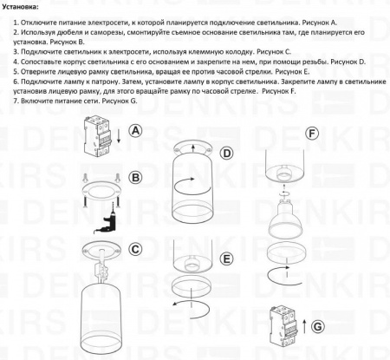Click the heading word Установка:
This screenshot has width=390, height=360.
(x=26, y=6)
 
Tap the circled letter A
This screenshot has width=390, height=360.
(x=135, y=130)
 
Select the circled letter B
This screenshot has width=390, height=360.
(x=135, y=178)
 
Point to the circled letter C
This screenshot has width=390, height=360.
(x=136, y=248)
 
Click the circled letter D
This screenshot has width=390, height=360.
(x=226, y=154)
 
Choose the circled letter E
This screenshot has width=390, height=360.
(x=226, y=259)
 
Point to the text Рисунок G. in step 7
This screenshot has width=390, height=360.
(x=126, y=101)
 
